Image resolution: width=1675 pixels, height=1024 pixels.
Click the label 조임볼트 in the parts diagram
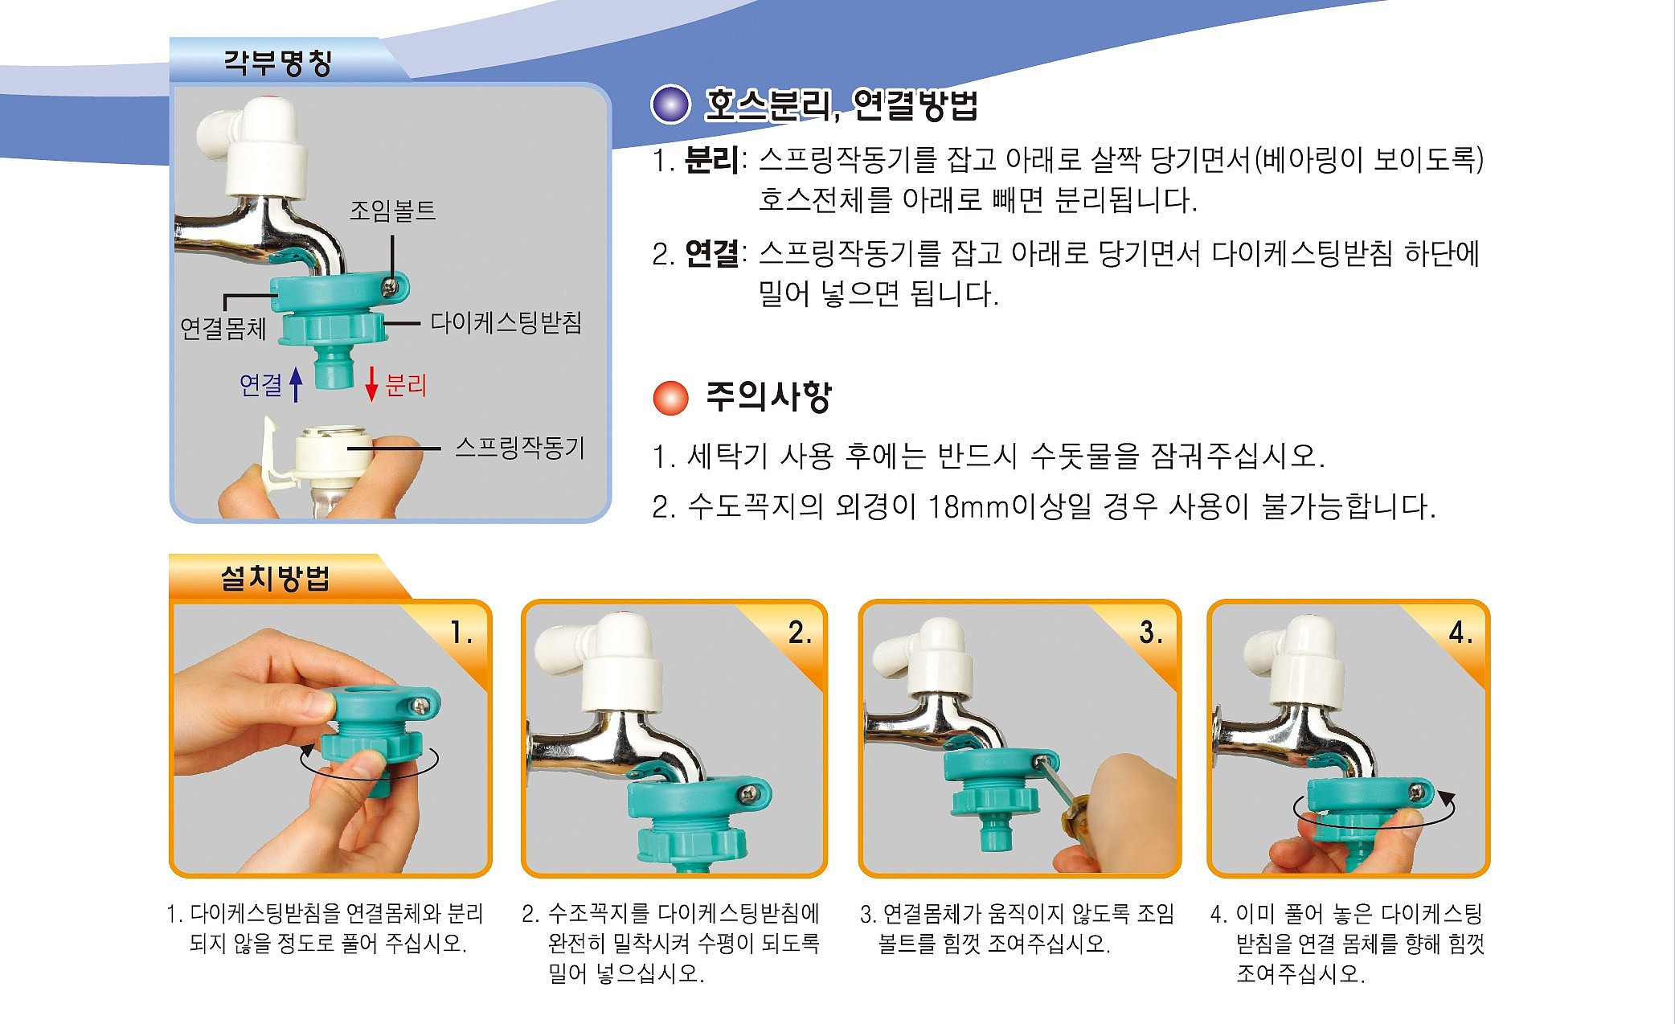392,211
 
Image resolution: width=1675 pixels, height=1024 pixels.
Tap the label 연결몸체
223,328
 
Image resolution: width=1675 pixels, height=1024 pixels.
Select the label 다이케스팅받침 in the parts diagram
506,322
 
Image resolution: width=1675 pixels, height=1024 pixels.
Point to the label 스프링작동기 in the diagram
519,448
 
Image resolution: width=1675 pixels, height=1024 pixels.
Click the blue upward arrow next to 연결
296,384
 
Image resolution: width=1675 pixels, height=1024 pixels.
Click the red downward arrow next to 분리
371,384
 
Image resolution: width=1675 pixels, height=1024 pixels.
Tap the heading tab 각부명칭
277,62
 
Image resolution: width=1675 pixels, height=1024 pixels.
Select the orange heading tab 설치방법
275,578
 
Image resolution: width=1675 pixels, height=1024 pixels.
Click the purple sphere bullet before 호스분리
670,105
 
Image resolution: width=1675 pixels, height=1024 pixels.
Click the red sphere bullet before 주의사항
670,397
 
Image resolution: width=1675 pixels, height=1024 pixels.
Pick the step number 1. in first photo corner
461,633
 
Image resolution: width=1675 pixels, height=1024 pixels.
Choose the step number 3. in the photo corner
1151,633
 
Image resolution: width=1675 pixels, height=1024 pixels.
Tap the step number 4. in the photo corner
1460,633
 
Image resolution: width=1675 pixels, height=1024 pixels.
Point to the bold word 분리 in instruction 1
711,160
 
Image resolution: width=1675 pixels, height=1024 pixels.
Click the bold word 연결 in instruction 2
711,254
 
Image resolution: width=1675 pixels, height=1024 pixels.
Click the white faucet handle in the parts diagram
265,153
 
